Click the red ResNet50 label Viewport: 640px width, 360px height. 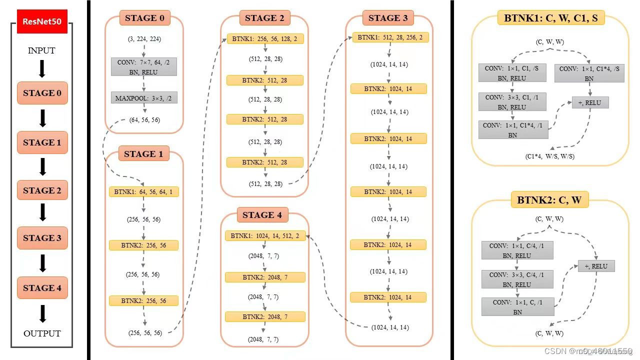point(42,22)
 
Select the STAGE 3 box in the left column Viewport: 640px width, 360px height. point(42,238)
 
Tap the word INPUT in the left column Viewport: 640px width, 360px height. point(41,50)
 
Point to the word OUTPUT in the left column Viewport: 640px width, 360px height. point(42,333)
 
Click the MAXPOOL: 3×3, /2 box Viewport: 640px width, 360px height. point(144,98)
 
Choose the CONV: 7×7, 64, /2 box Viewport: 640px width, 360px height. point(144,67)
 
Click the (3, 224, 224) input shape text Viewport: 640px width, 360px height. point(144,39)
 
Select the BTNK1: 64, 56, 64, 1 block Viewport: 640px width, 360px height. point(144,191)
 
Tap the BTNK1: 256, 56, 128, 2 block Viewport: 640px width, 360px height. point(265,39)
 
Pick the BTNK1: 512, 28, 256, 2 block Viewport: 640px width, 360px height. point(390,37)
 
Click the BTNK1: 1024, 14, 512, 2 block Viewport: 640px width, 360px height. point(265,236)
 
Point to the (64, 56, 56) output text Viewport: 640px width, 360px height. point(144,120)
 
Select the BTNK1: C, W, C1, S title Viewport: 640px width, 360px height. point(550,18)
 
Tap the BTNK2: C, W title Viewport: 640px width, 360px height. point(549,200)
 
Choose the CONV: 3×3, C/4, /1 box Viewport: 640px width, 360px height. point(517,279)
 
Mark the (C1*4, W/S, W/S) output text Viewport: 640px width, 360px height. point(549,156)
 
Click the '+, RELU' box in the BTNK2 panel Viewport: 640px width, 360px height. point(596,266)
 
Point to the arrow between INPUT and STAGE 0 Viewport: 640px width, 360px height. point(42,68)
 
